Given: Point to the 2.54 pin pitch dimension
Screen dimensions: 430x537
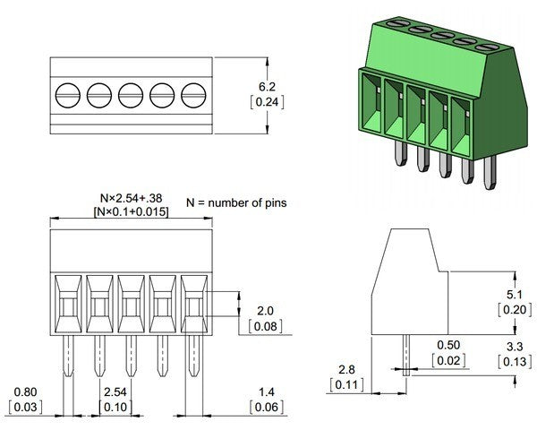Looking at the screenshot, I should [x=115, y=393].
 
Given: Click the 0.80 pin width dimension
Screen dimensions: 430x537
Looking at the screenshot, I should [x=27, y=393].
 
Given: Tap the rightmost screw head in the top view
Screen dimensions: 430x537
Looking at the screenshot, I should [x=193, y=93].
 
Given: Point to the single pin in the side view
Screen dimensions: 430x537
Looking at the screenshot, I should [x=405, y=355].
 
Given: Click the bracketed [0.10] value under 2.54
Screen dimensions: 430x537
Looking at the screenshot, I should [x=115, y=408].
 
